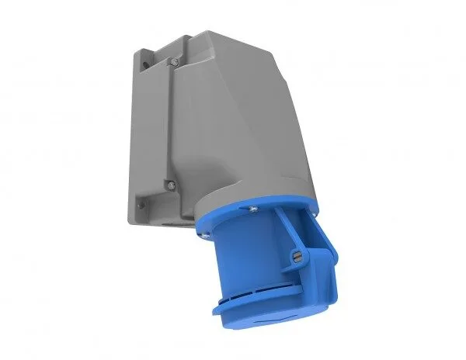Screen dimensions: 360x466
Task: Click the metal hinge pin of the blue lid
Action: (295, 258)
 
